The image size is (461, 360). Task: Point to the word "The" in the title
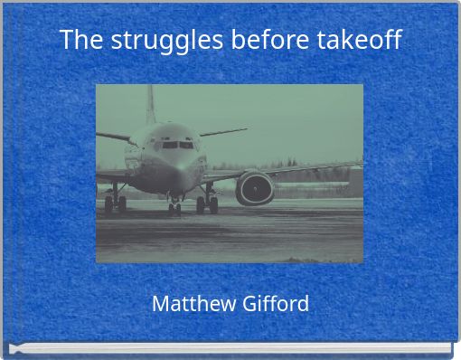point(78,41)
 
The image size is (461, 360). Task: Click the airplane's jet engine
point(255,187)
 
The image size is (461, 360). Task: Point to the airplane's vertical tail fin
point(151,104)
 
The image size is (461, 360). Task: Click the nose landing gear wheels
point(174,205)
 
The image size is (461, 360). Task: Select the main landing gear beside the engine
point(209,202)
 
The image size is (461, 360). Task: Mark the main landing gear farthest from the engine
point(115,201)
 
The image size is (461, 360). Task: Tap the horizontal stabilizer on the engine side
point(221,133)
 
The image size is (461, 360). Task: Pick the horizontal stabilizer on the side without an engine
point(115,137)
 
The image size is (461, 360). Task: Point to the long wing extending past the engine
point(307,169)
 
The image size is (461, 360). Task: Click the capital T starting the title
point(66,41)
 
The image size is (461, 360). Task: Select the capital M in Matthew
point(160,304)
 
